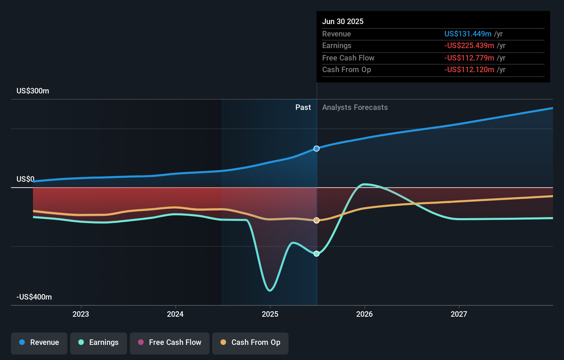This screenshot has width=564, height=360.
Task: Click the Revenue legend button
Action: [39, 342]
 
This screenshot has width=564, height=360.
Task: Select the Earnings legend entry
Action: [99, 342]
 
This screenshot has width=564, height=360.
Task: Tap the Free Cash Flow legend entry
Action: [170, 342]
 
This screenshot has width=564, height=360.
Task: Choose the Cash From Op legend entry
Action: [250, 342]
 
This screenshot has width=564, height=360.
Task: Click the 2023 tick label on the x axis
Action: [81, 314]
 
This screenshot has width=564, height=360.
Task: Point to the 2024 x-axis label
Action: [175, 314]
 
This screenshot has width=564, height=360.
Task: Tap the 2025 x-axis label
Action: [270, 314]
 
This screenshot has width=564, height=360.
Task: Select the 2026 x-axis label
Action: [364, 314]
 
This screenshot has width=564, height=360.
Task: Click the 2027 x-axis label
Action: [459, 314]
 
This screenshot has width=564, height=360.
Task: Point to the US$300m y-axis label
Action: [33, 91]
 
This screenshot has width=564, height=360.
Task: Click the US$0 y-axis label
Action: [25, 179]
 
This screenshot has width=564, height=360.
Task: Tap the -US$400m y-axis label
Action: [34, 297]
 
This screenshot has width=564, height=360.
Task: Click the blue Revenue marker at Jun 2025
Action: [317, 148]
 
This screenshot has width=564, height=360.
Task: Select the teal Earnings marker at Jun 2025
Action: [317, 254]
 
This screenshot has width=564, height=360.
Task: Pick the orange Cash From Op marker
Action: [317, 220]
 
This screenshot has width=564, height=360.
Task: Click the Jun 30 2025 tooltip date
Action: [342, 21]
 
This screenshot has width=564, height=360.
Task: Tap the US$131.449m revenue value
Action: [467, 34]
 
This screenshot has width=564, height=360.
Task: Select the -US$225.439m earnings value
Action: [469, 45]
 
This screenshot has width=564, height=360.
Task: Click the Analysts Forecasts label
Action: [355, 107]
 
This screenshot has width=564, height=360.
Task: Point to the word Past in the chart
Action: [303, 107]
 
